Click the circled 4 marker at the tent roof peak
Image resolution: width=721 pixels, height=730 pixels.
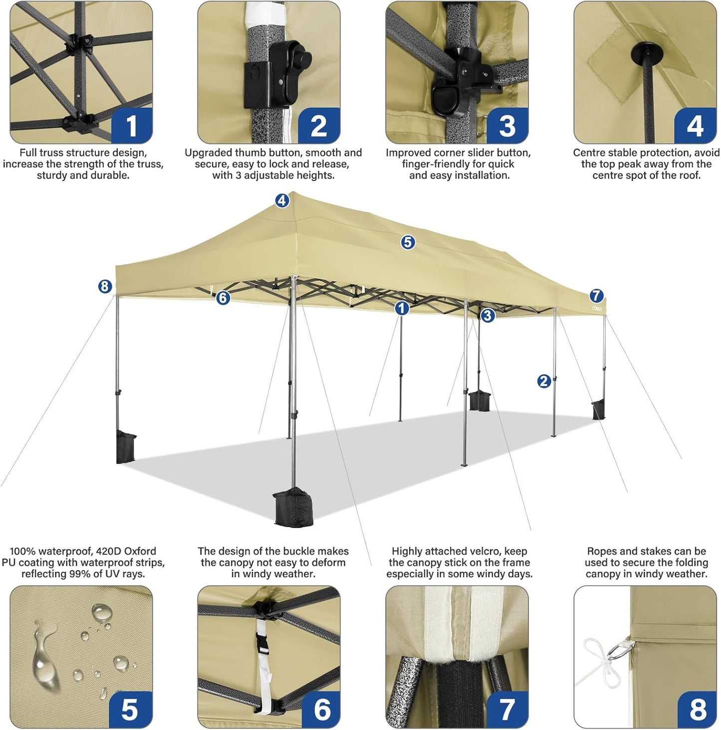point(282,201)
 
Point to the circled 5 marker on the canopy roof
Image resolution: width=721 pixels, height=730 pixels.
point(408,243)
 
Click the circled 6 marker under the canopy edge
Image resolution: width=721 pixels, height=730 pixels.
point(223,298)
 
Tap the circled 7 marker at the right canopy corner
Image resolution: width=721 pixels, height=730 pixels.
point(596,295)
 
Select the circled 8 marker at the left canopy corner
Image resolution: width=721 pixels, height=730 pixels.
point(104,286)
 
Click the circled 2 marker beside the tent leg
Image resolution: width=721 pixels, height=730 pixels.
point(544,381)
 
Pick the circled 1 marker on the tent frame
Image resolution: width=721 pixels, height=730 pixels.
point(402,309)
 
